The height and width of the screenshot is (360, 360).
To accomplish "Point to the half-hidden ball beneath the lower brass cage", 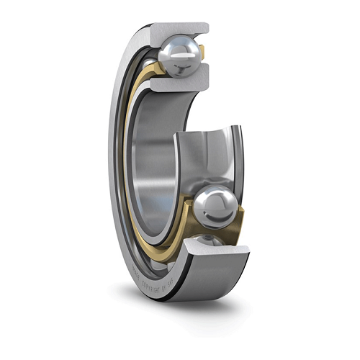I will point(209,241).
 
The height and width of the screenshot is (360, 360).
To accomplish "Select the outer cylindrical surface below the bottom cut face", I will point(209,284).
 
